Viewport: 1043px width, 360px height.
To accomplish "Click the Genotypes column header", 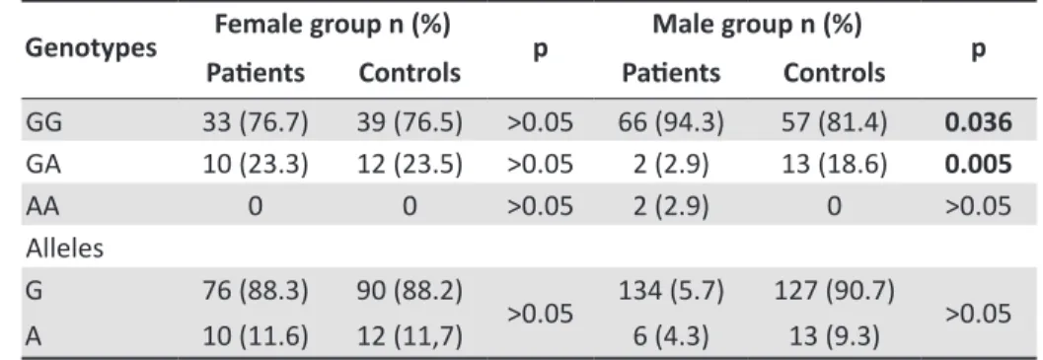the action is pyautogui.click(x=91, y=48).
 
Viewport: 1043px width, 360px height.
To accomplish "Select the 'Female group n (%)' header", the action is pyautogui.click(x=332, y=25).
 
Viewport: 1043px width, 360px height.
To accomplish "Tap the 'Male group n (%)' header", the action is pyautogui.click(x=757, y=25).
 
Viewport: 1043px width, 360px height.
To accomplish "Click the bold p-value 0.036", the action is pyautogui.click(x=978, y=123).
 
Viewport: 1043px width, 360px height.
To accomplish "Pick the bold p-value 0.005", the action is pyautogui.click(x=978, y=165).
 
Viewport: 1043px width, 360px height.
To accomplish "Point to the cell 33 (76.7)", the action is pyautogui.click(x=256, y=123).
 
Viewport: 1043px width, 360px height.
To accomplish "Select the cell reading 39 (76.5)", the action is pyautogui.click(x=410, y=123).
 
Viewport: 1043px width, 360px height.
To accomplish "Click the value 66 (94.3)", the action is pyautogui.click(x=671, y=123).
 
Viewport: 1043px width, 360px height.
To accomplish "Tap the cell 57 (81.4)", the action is pyautogui.click(x=834, y=123).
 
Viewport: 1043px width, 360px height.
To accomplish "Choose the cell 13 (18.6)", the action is pyautogui.click(x=834, y=165).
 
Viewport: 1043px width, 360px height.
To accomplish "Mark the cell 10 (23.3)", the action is pyautogui.click(x=256, y=165).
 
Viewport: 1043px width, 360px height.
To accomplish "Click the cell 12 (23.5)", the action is pyautogui.click(x=410, y=165).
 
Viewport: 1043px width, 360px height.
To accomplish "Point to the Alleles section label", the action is pyautogui.click(x=64, y=249).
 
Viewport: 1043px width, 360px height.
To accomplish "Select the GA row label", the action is pyautogui.click(x=42, y=165).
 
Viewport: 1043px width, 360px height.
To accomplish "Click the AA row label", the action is pyautogui.click(x=42, y=206).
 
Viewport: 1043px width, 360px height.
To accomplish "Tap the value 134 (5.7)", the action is pyautogui.click(x=671, y=291).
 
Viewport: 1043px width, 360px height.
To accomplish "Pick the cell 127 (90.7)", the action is pyautogui.click(x=834, y=291).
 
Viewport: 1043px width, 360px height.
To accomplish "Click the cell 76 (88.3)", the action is pyautogui.click(x=256, y=291).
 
